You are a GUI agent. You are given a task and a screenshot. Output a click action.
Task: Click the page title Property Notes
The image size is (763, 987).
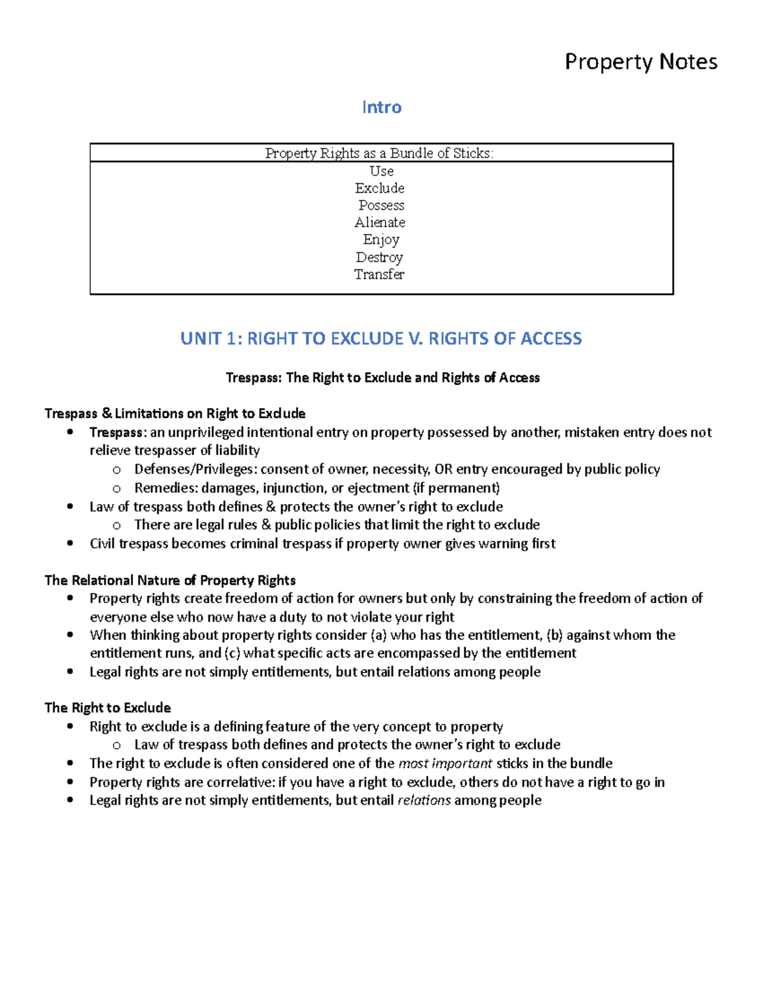[641, 62]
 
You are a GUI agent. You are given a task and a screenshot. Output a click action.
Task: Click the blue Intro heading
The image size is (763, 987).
[381, 107]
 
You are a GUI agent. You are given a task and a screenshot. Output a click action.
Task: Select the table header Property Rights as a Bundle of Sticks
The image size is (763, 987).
[380, 153]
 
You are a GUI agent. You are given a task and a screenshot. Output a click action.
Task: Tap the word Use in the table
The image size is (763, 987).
[381, 171]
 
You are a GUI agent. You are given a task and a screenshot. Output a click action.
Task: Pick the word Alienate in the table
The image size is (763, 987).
[380, 222]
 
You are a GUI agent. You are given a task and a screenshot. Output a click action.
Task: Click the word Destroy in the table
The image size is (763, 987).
[380, 257]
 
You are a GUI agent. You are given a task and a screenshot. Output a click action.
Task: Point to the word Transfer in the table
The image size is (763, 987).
[380, 275]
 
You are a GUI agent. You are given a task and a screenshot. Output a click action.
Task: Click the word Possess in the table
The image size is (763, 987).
[381, 205]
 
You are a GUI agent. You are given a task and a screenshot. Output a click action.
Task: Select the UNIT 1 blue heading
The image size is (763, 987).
[381, 338]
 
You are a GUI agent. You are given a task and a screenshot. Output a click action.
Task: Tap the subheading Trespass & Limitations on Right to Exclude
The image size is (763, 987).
[175, 413]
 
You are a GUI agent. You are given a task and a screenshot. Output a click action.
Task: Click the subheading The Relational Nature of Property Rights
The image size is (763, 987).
[170, 580]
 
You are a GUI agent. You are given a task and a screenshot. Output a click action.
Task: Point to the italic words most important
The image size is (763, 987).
[445, 763]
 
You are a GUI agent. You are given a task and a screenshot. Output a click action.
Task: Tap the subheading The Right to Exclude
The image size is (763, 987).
[107, 708]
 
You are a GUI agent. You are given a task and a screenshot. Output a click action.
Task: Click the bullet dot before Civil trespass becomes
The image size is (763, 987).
[71, 543]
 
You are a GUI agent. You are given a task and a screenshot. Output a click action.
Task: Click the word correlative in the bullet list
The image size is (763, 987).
[242, 782]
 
